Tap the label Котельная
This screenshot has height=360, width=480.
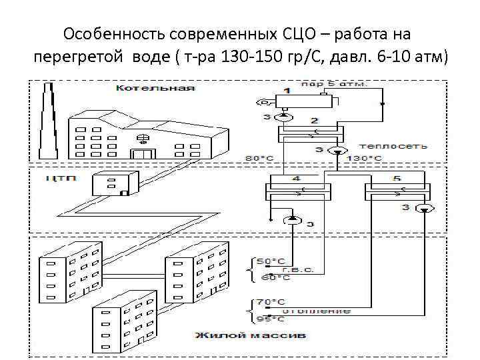pyautogui.click(x=155, y=87)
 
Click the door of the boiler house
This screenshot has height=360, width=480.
pyautogui.click(x=141, y=154)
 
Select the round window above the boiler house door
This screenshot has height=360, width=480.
pyautogui.click(x=141, y=139)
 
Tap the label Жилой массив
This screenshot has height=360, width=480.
pyautogui.click(x=250, y=333)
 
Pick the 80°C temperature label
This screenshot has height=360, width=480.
pyautogui.click(x=259, y=158)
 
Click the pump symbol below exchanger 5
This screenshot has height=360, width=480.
pyautogui.click(x=424, y=209)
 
